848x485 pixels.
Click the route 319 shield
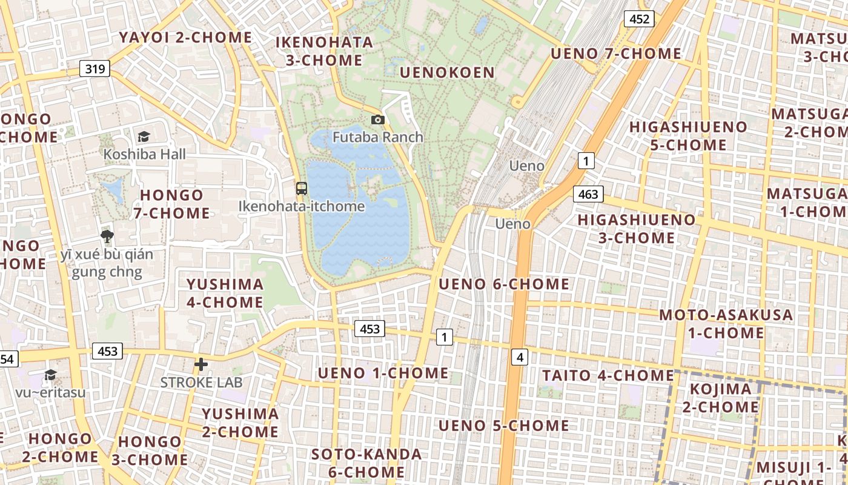click(95, 69)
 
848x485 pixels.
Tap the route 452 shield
click(640, 19)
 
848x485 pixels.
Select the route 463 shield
click(588, 194)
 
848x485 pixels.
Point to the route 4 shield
click(520, 358)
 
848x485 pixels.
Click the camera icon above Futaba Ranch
click(378, 120)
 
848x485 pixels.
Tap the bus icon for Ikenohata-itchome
click(302, 188)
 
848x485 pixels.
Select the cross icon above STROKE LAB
click(201, 364)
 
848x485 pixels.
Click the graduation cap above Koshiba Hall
click(144, 136)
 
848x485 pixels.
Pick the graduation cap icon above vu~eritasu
click(51, 375)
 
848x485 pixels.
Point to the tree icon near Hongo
click(107, 236)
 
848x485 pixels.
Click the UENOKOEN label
click(448, 73)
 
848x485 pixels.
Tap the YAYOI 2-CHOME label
click(185, 38)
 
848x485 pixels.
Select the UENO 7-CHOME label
click(616, 53)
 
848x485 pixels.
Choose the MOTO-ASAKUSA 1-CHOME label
click(726, 324)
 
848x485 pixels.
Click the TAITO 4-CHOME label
click(608, 375)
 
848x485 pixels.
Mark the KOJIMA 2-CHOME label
click(721, 398)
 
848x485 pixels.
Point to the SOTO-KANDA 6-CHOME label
click(366, 463)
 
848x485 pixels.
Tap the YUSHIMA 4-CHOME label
click(225, 293)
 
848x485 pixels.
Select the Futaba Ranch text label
click(378, 137)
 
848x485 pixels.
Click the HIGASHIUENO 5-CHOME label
click(689, 136)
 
